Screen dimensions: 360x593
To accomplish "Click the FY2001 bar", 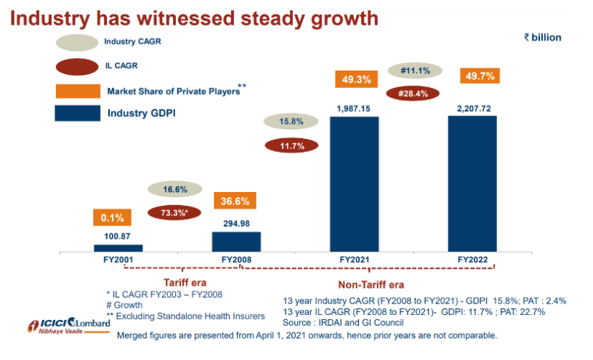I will [x=118, y=248].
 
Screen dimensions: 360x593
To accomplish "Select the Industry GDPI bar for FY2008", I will [x=236, y=241].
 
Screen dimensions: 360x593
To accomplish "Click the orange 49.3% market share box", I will [x=354, y=80].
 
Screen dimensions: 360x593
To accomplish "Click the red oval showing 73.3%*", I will [x=174, y=213].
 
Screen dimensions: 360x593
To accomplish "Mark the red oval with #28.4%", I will [x=415, y=93].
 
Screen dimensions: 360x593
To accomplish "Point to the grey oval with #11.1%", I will [x=415, y=71].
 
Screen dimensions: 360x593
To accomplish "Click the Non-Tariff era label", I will [x=371, y=284].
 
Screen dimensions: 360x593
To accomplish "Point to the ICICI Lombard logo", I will [x=69, y=325].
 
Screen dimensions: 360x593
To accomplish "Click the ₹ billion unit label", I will [x=542, y=37].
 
